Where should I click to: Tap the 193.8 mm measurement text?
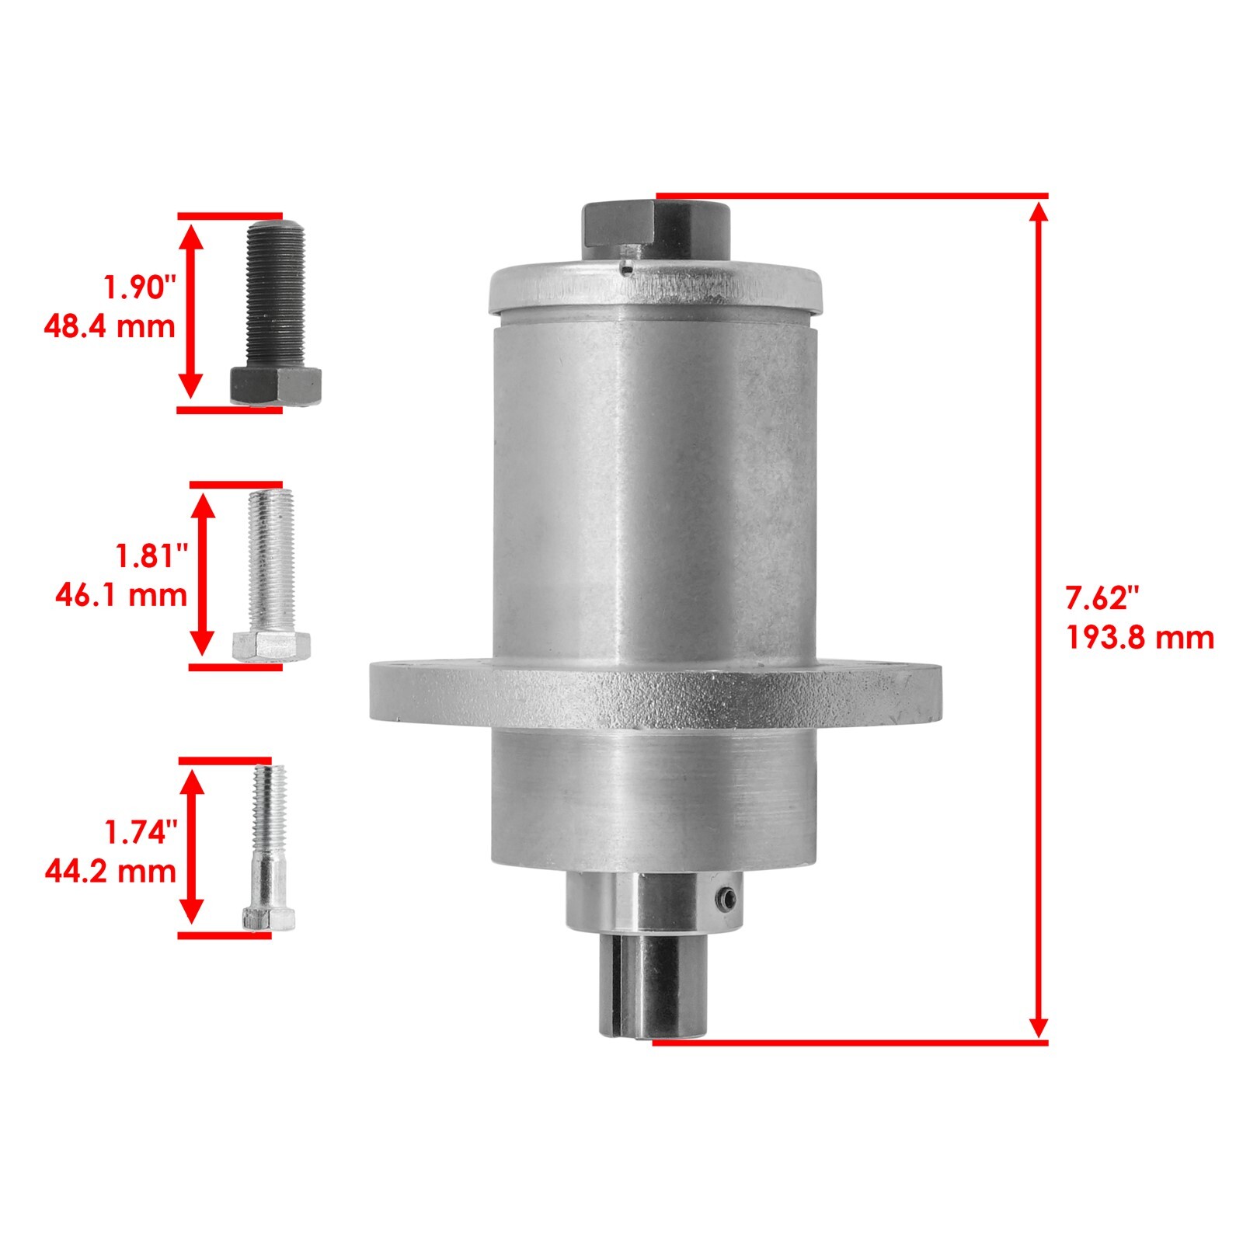tap(1139, 638)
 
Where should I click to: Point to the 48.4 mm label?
tap(110, 326)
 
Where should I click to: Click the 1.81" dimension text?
tap(152, 556)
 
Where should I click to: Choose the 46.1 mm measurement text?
tap(121, 595)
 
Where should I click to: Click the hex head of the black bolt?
tap(276, 385)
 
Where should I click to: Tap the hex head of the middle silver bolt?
tap(271, 645)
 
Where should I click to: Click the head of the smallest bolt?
tap(269, 918)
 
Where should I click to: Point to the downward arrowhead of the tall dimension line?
tap(1038, 1025)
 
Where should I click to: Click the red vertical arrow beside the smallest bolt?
tap(191, 848)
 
